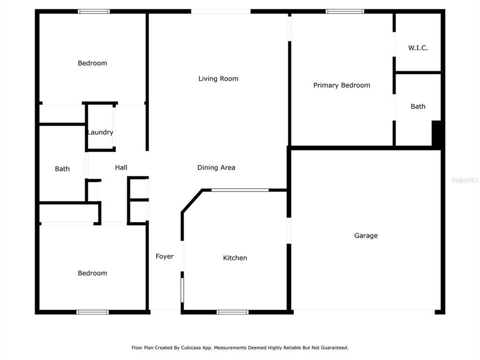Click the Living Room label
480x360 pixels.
click(218, 78)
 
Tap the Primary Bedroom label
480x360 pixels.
click(341, 85)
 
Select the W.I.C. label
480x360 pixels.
click(417, 48)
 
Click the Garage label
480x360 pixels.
click(365, 235)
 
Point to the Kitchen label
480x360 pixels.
click(234, 258)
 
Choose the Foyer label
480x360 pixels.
click(164, 256)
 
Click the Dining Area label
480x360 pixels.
click(216, 167)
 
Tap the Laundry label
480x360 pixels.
click(100, 132)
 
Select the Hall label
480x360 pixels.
click(121, 167)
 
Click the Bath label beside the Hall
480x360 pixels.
click(62, 169)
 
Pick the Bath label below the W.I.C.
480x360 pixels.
click(418, 106)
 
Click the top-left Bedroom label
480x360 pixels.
click(92, 63)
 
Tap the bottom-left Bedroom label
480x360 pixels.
click(92, 273)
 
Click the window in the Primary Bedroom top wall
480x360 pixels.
click(345, 11)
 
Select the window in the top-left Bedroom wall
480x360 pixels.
click(94, 11)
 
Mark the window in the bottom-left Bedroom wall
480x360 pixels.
click(92, 312)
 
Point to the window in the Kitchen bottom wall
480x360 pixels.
click(232, 312)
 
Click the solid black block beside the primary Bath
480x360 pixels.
click(436, 134)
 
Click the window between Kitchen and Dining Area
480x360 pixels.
click(240, 190)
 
